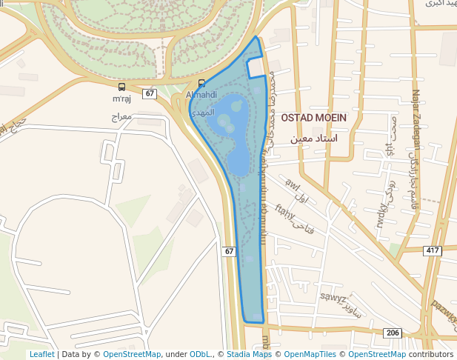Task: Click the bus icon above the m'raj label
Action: coord(121,87)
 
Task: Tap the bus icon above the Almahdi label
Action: coord(201,83)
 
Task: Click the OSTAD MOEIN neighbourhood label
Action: coord(313,118)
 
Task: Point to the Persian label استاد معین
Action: coord(313,139)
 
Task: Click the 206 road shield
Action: coord(393,333)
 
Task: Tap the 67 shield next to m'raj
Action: coord(150,93)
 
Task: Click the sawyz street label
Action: coord(333,299)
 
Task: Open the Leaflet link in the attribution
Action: coord(41,354)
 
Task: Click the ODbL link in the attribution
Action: coord(199,354)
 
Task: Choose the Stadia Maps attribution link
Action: coord(248,354)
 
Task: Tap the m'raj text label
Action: coord(121,99)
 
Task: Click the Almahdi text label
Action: coord(201,95)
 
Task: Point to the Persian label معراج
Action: coord(121,117)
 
